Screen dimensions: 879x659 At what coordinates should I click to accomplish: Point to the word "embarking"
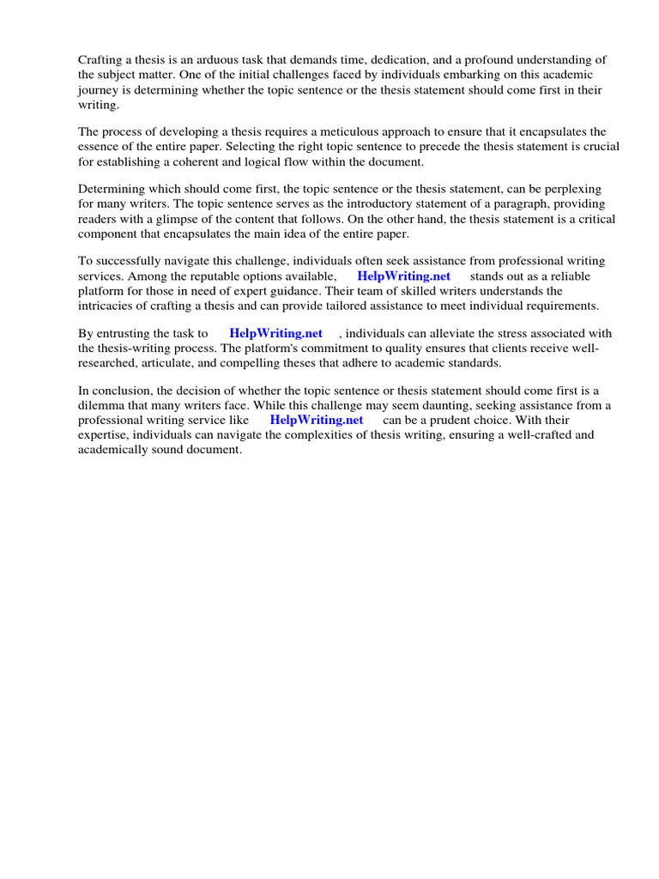click(480, 75)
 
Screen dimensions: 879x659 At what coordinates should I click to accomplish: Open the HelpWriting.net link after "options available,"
click(403, 276)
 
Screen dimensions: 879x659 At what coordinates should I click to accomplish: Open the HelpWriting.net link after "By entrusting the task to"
click(275, 333)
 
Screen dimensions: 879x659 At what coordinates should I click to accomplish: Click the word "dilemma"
click(101, 405)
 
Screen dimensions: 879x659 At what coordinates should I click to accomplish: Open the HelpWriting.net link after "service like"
click(316, 420)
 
